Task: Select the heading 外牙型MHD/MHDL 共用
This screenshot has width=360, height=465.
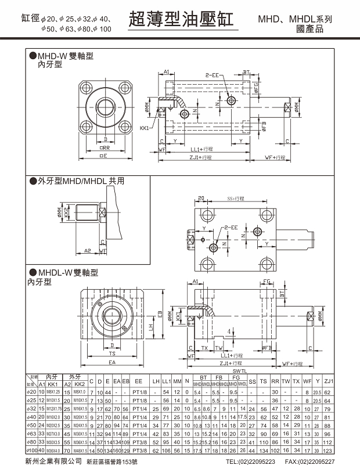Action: pyautogui.click(x=81, y=181)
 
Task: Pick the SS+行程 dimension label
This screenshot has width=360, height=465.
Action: pyautogui.click(x=235, y=199)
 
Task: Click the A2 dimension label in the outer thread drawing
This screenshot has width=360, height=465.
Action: pyautogui.click(x=87, y=250)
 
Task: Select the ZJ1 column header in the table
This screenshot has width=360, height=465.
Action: pyautogui.click(x=345, y=381)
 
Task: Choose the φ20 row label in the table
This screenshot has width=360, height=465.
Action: pyautogui.click(x=32, y=392)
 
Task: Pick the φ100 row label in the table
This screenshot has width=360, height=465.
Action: pyautogui.click(x=33, y=450)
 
